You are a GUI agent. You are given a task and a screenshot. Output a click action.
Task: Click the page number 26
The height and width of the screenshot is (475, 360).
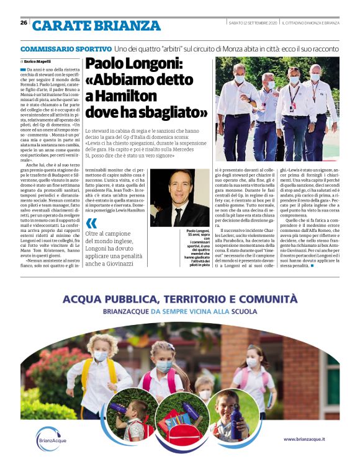tap(23, 23)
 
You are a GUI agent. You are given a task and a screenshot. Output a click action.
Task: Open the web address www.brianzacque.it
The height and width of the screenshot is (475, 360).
tap(306, 439)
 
